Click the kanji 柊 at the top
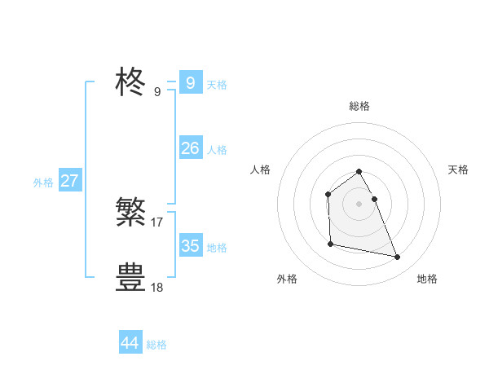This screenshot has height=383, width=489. point(130,82)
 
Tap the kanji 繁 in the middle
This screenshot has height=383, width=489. point(130,212)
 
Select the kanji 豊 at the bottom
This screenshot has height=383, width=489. point(130,277)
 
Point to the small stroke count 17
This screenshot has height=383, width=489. point(157,222)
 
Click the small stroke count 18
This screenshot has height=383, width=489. point(157,287)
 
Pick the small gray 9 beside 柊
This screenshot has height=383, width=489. point(157,92)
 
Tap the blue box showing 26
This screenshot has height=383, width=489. point(190,147)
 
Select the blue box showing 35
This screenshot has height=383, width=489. point(190,245)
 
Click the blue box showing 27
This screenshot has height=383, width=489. point(69,181)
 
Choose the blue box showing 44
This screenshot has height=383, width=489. point(130,343)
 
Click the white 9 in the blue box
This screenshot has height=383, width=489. point(190,82)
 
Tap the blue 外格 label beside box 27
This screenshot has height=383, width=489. point(43,183)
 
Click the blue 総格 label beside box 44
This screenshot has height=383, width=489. point(156,345)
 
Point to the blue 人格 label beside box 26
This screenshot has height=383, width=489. point(217,150)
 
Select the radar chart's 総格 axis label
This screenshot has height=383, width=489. point(359,106)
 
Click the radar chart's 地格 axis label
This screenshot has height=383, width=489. point(427,279)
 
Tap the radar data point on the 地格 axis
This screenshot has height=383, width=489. point(398,258)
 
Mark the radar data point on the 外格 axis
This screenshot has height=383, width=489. point(330,244)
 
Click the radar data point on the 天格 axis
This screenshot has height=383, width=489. point(374,199)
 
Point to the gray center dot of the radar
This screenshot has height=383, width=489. point(359,204)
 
